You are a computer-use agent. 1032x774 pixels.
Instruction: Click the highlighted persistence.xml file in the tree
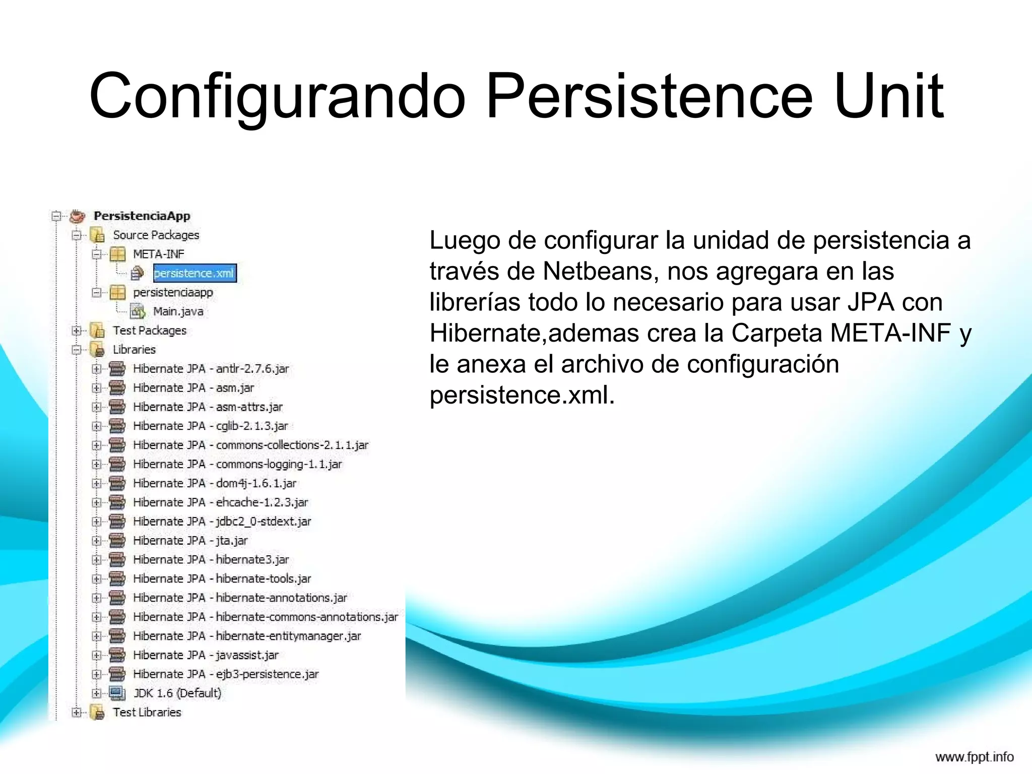tap(194, 273)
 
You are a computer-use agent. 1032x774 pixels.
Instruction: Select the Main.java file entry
tap(178, 311)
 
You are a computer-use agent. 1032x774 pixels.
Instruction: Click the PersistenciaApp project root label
tap(142, 216)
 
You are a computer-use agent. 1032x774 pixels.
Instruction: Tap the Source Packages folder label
tap(156, 235)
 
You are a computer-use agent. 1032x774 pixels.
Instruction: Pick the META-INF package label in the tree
tap(158, 254)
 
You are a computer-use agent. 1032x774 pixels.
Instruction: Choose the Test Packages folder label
tap(149, 331)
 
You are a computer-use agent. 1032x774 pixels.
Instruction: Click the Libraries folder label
tap(134, 350)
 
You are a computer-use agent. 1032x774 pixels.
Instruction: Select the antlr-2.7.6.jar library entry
tap(211, 369)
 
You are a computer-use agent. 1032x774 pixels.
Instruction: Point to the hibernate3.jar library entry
tap(211, 559)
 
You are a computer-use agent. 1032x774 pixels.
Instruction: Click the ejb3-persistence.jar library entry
tap(225, 674)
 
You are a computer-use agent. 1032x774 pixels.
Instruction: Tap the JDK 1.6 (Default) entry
tap(177, 693)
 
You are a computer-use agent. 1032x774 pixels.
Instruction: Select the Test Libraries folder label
tap(147, 713)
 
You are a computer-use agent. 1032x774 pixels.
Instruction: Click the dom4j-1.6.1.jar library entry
tap(214, 483)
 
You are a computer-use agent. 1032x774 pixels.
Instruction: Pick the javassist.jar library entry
tap(205, 655)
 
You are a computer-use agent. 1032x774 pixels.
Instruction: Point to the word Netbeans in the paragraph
tap(600, 271)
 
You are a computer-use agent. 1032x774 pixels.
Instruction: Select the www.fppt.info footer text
tap(974, 757)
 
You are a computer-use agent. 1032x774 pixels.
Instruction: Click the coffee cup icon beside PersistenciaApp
tap(77, 216)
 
